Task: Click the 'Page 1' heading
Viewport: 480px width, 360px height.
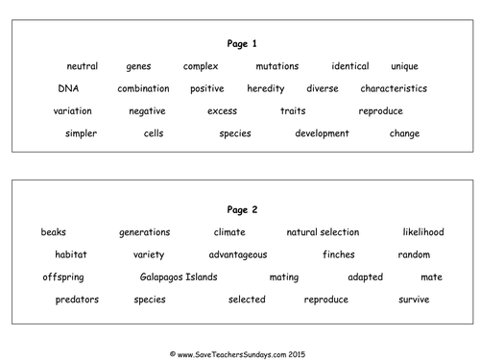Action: coord(240,43)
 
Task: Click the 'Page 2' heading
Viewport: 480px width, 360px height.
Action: coord(240,209)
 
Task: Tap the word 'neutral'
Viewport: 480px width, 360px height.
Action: coord(83,66)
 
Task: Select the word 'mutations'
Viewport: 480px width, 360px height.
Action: coord(277,66)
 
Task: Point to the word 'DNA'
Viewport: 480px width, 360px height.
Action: coord(67,88)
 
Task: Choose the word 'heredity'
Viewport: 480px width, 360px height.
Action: coord(266,88)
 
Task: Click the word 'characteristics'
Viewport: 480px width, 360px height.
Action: coord(394,88)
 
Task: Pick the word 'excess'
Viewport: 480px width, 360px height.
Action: coord(222,111)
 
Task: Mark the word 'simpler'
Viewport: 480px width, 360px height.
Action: coord(81,133)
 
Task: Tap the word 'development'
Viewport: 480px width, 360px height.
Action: coord(322,133)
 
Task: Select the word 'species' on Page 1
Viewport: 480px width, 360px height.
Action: coord(235,133)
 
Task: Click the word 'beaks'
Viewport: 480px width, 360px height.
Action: coord(54,232)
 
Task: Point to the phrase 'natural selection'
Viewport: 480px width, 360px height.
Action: coord(323,232)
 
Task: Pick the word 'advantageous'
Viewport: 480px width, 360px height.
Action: coord(238,254)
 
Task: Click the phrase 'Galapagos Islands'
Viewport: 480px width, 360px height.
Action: coord(179,277)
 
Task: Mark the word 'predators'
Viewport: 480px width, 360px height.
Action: coord(77,300)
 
